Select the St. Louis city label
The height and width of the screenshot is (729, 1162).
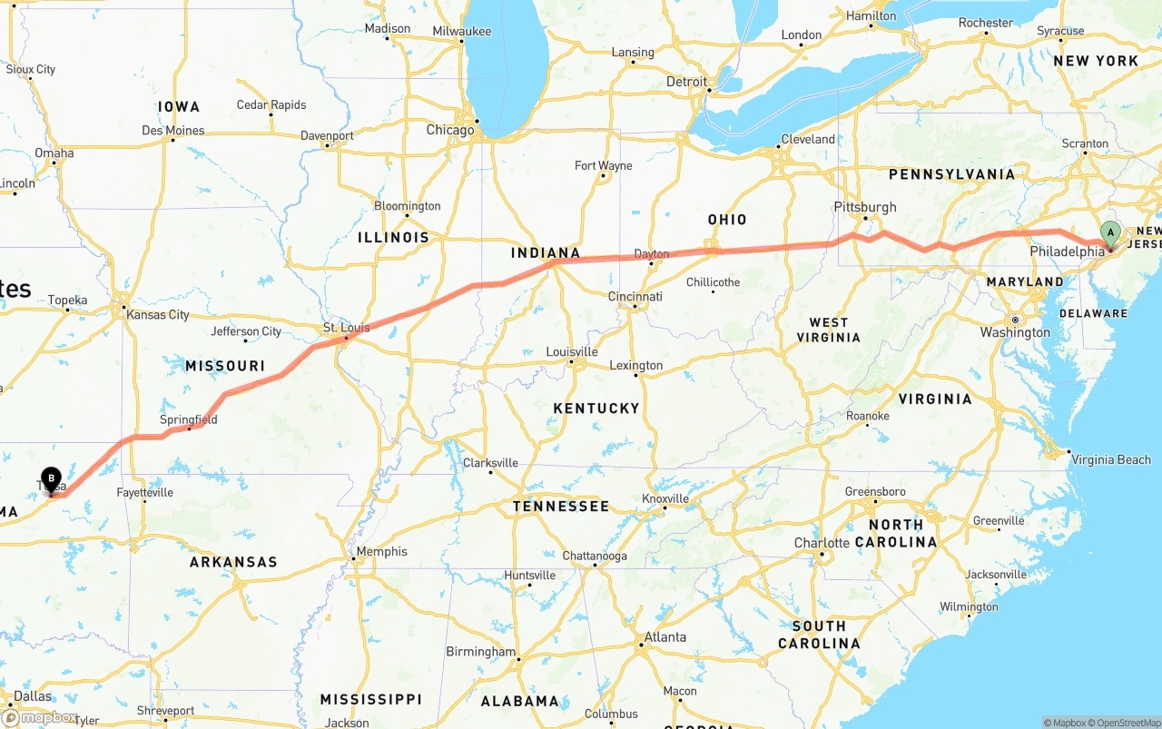[345, 327]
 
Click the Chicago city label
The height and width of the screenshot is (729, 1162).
[450, 130]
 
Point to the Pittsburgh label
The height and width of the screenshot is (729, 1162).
[865, 207]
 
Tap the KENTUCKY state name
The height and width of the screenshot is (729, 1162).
[596, 409]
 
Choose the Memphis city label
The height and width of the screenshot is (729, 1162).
[381, 551]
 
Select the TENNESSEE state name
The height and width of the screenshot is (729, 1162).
[560, 506]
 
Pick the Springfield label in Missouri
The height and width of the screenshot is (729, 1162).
[188, 419]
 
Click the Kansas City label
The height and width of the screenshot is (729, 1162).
[158, 314]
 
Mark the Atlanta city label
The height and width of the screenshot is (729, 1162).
[665, 636]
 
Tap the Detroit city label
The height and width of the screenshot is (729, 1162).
[686, 82]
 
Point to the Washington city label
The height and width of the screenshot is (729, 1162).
[1015, 332]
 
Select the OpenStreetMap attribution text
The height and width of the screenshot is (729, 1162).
[1126, 723]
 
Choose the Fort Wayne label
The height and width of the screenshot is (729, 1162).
[603, 165]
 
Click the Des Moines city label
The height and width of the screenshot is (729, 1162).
[173, 131]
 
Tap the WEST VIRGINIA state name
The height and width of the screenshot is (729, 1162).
[828, 330]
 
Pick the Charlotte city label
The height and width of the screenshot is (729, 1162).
[822, 543]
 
